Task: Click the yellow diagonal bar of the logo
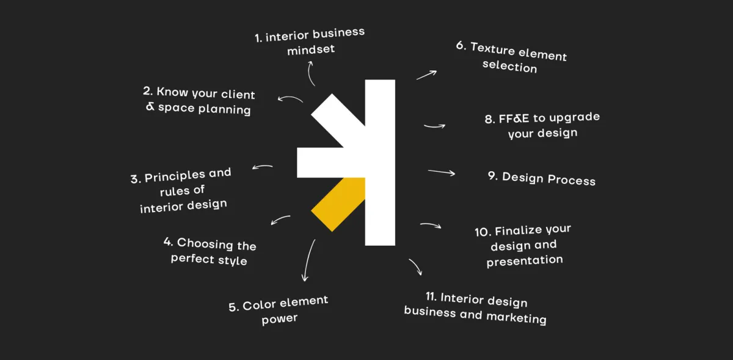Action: coord(338,204)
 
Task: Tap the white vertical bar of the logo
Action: coord(380,163)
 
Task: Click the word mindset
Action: coord(311,50)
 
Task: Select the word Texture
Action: coord(493,49)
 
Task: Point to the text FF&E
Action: coord(514,119)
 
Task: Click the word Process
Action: coord(571,180)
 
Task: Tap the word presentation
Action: coord(525,261)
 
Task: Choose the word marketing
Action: coord(516,318)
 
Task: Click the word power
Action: coord(280,318)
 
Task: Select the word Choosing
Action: coord(205,244)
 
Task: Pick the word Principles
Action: coord(175,177)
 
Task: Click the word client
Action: coord(238,94)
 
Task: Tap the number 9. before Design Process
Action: coord(492,176)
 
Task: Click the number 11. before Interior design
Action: coord(431,296)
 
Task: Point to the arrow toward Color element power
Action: coord(308,260)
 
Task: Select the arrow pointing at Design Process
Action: coord(442,172)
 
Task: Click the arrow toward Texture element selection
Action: coord(426,75)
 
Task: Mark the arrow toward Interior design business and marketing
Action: coord(416,266)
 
